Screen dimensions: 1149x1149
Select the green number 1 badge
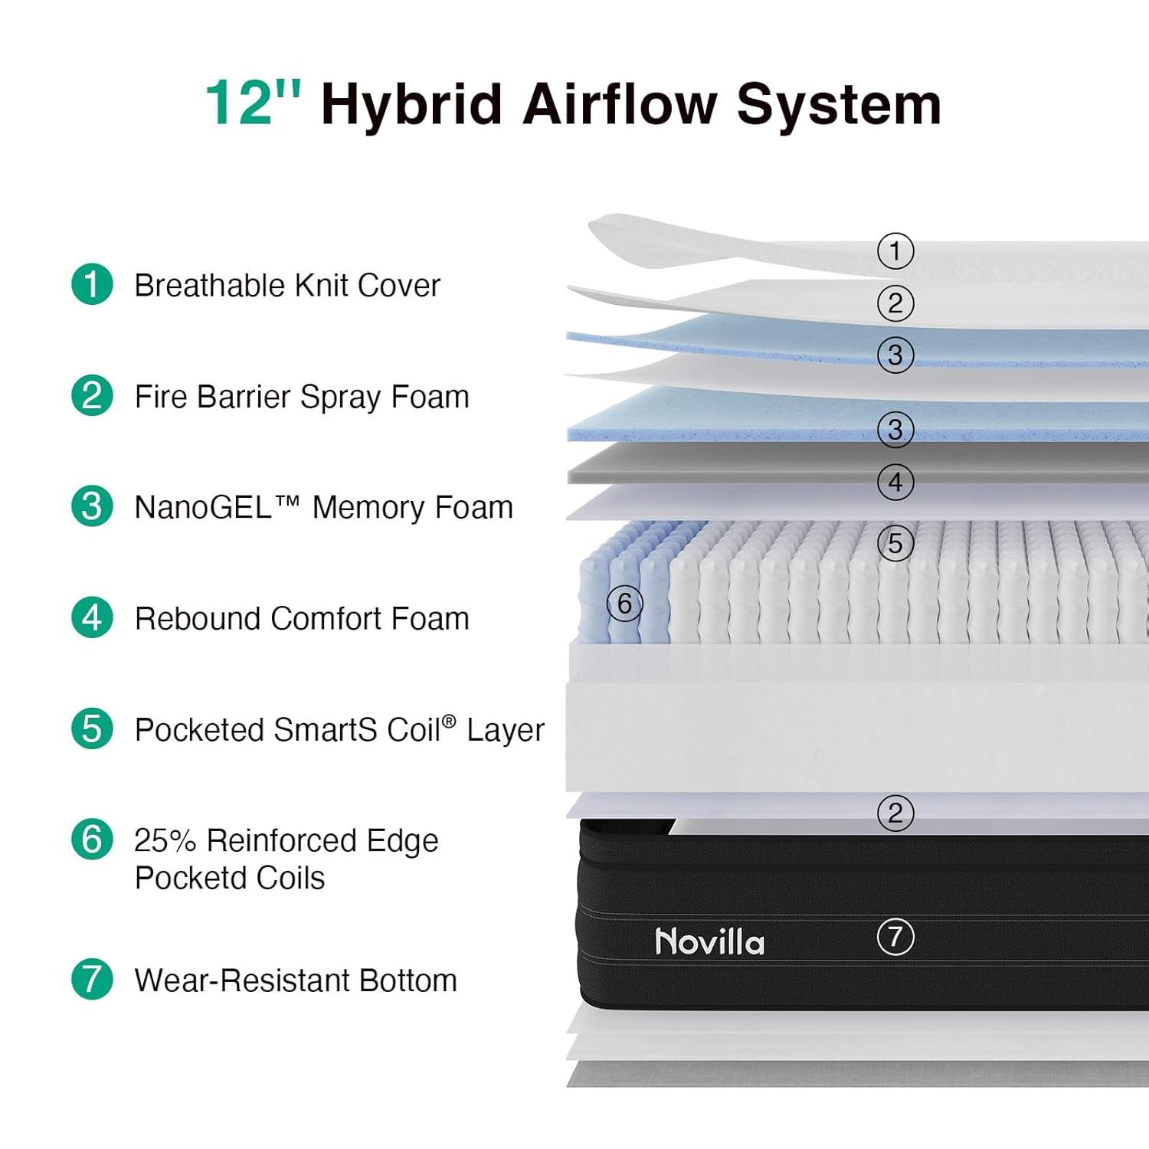pyautogui.click(x=92, y=284)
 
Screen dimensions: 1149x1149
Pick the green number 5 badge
pyautogui.click(x=92, y=728)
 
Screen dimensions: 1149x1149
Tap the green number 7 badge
pyautogui.click(x=92, y=979)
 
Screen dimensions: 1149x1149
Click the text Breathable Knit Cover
pyautogui.click(x=287, y=285)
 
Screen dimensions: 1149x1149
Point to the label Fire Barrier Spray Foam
pyautogui.click(x=302, y=397)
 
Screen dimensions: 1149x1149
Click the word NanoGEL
pyautogui.click(x=202, y=507)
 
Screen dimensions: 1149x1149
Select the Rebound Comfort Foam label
pyautogui.click(x=302, y=618)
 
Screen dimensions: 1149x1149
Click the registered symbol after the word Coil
pyautogui.click(x=449, y=721)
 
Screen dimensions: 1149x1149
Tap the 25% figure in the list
pyautogui.click(x=165, y=840)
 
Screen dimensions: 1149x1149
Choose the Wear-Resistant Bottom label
pyautogui.click(x=296, y=980)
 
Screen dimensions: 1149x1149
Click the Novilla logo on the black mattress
pyautogui.click(x=710, y=941)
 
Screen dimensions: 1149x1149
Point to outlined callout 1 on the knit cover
pyautogui.click(x=895, y=251)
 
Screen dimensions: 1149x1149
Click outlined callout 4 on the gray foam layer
pyautogui.click(x=895, y=483)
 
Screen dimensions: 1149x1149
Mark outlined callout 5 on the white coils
pyautogui.click(x=895, y=544)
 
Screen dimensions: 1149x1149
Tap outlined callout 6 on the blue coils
pyautogui.click(x=625, y=604)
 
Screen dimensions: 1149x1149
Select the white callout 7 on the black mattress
pyautogui.click(x=895, y=936)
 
